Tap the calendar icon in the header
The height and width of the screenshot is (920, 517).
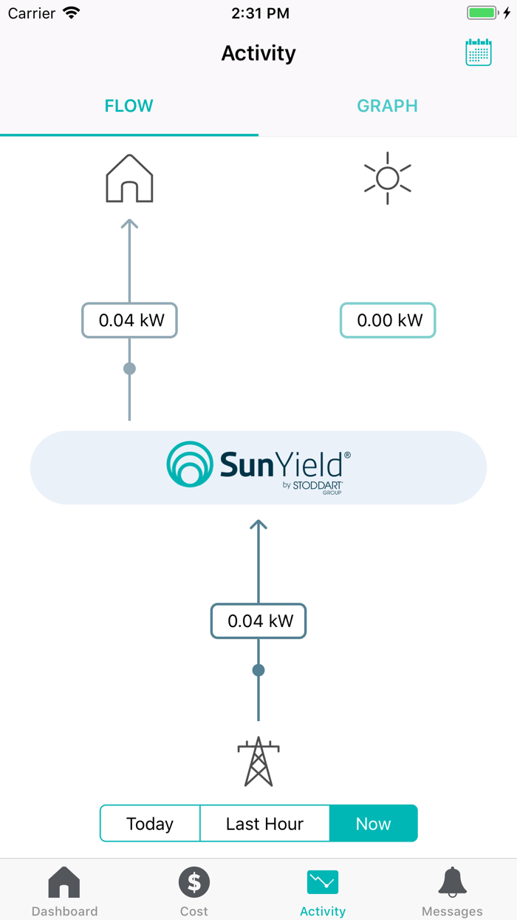tap(478, 53)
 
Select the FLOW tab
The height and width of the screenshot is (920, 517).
tap(129, 106)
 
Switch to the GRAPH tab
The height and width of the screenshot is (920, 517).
tap(387, 106)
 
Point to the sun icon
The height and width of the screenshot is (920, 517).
tap(387, 178)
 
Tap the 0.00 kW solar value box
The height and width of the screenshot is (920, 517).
tap(387, 320)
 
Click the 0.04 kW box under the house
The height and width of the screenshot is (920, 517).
tap(129, 320)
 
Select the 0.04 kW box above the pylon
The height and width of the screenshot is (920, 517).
tap(258, 620)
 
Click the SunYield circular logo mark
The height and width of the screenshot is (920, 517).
tap(189, 464)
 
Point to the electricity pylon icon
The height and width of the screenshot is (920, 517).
tap(258, 761)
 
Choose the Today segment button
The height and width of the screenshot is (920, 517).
tap(150, 823)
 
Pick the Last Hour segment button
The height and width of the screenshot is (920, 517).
tap(264, 823)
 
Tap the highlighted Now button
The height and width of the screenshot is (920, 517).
tap(373, 823)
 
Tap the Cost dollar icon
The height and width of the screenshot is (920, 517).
tap(194, 882)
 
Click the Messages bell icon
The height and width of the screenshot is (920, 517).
tap(452, 882)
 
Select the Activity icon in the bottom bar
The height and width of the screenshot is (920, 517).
tap(323, 882)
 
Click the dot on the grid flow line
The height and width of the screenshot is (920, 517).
tap(258, 670)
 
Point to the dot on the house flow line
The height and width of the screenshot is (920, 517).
tap(129, 368)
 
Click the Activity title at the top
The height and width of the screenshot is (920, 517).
tap(258, 53)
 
